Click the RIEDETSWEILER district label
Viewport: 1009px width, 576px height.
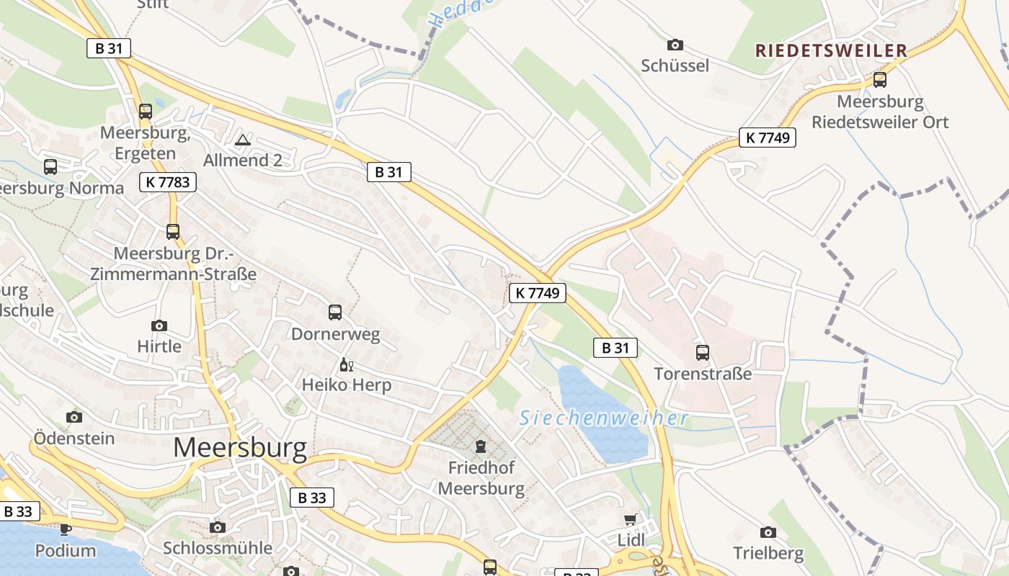point(830,50)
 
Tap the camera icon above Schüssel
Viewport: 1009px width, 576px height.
point(675,45)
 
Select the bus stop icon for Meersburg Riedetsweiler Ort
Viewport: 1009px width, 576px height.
point(880,80)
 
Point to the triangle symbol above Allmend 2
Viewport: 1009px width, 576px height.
point(243,139)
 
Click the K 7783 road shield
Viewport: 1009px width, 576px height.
point(168,182)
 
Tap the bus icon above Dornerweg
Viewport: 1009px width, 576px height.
point(335,312)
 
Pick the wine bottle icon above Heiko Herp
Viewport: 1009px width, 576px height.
point(346,364)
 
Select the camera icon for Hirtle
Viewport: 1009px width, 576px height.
point(159,326)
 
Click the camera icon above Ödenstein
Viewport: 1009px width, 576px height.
point(74,417)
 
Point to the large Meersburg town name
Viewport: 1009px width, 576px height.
point(240,448)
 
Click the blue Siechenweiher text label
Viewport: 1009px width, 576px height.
point(604,418)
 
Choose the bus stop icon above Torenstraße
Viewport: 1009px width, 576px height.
point(703,353)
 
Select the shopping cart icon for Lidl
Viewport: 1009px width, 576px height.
point(631,519)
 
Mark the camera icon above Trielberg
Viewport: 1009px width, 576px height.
point(768,532)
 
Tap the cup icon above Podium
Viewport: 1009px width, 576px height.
point(66,530)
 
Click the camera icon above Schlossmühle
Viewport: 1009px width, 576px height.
point(218,528)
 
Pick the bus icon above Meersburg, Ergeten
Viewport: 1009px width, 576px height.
point(146,112)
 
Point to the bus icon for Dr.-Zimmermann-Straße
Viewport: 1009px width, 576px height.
point(173,232)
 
